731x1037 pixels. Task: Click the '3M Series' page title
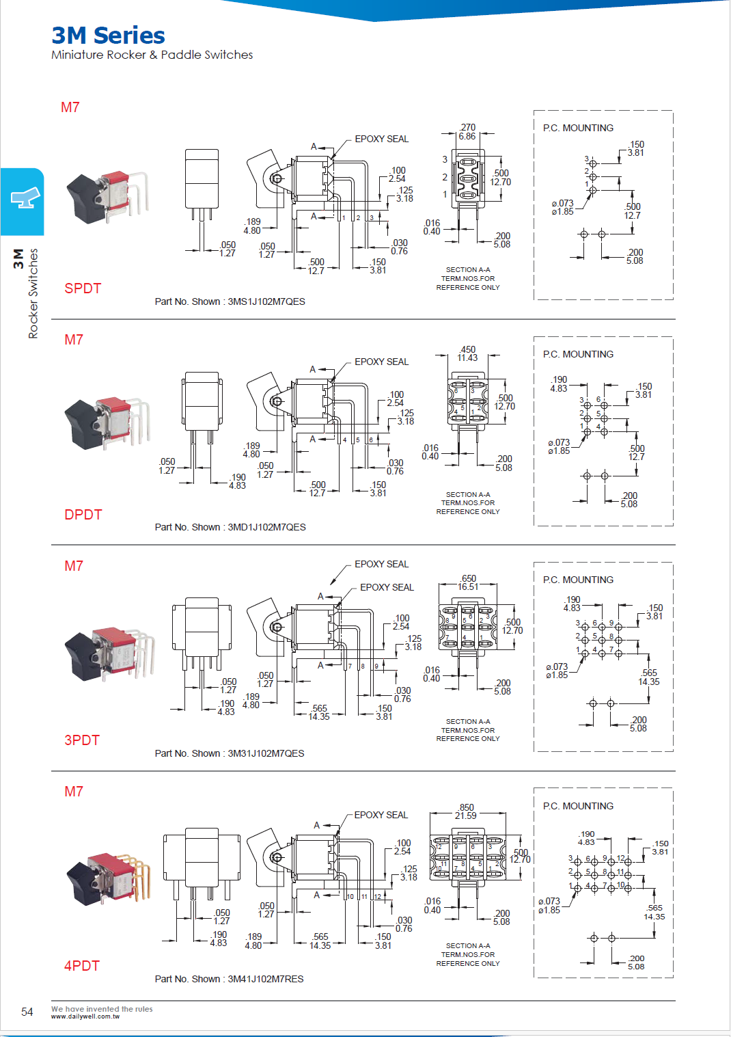108,36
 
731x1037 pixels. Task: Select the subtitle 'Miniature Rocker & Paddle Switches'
152,55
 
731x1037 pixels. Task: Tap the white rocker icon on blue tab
25,198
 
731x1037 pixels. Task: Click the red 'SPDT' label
83,288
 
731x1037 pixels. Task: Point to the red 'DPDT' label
83,515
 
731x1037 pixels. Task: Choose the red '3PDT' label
82,740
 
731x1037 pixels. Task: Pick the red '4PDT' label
82,966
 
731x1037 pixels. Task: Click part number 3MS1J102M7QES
266,301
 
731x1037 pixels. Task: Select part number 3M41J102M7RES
265,979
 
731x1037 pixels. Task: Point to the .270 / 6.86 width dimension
467,132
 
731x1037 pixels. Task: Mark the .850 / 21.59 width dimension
466,811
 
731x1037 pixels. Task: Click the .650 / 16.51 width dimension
468,582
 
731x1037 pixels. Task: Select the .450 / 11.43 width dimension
468,353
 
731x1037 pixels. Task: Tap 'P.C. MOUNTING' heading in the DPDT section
578,354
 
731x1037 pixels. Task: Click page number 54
27,1012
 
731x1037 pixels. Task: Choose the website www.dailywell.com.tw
85,1016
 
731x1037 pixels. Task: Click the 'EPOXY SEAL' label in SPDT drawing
381,139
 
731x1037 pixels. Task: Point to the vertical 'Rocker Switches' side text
33,294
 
